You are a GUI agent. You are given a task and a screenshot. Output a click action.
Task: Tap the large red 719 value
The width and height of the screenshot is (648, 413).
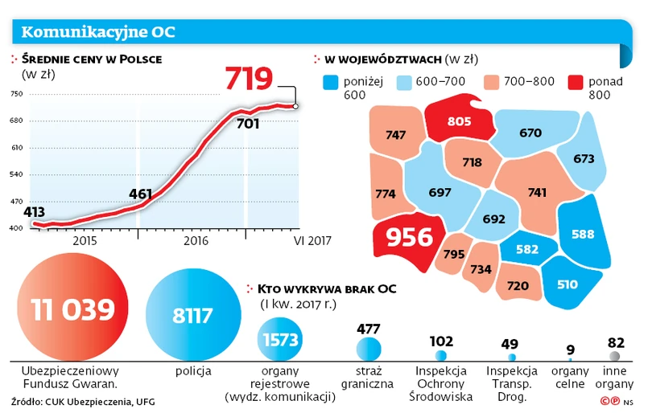(x=249, y=79)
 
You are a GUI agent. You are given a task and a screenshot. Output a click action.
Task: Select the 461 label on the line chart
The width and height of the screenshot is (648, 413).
(x=141, y=194)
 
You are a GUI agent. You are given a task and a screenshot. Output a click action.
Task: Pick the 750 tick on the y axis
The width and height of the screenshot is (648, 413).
(x=16, y=94)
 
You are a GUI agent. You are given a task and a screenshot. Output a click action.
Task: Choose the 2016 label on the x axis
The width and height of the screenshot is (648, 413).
(x=196, y=240)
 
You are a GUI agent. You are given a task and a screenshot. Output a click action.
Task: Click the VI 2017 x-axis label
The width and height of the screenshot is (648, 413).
(x=312, y=240)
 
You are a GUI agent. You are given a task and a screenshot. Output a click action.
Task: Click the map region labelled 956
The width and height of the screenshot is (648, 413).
(x=404, y=237)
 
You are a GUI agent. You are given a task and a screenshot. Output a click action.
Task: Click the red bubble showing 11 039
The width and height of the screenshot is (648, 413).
(x=72, y=307)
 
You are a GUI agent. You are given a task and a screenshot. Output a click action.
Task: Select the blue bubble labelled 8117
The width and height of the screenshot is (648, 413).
(x=194, y=315)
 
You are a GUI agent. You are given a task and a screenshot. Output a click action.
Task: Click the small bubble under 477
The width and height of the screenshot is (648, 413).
(x=369, y=348)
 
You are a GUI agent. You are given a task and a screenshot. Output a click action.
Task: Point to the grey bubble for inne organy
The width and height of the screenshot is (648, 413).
(x=614, y=355)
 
